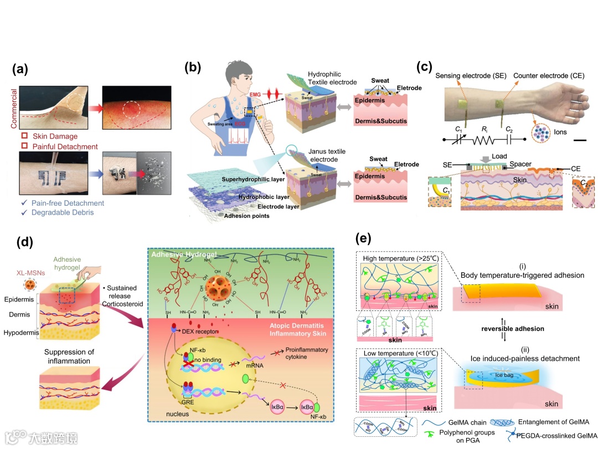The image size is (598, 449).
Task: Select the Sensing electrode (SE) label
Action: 467,75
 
